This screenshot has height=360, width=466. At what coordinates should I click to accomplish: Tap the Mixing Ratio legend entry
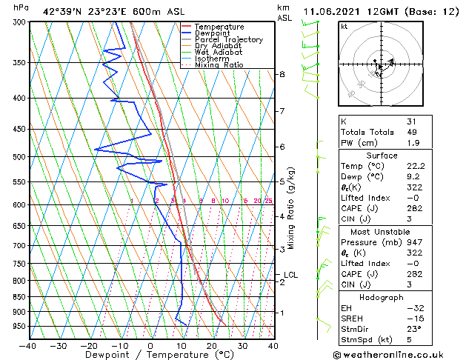click(219, 65)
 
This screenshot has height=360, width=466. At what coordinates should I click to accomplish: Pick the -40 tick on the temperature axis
click(28, 346)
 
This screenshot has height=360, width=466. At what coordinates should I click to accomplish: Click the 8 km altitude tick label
click(282, 75)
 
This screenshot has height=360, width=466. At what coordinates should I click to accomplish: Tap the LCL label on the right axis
click(290, 275)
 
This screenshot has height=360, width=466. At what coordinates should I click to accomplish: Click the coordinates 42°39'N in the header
click(66, 12)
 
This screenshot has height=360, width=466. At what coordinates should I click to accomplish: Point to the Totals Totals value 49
click(412, 132)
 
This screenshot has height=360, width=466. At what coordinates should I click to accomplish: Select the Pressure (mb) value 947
click(414, 241)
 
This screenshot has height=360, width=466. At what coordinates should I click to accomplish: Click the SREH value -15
click(414, 319)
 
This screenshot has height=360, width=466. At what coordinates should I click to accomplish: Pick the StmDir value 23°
click(414, 330)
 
